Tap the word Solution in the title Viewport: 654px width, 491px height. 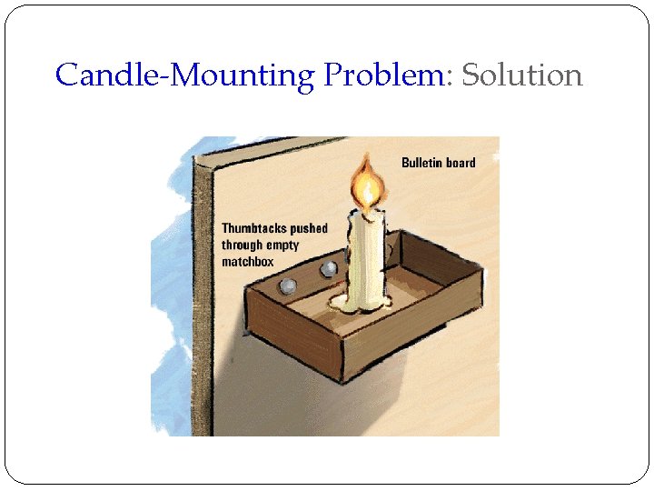click(521, 75)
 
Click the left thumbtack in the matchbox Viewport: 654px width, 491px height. click(287, 286)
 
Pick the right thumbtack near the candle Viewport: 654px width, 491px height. click(328, 269)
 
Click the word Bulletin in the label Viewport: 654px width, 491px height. click(422, 163)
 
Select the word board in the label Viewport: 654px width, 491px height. click(461, 163)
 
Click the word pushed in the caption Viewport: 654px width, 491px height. click(309, 228)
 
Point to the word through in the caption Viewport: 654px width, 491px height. click(242, 245)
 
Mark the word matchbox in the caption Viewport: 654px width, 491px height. click(248, 262)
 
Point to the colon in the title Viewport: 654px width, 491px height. click(447, 76)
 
